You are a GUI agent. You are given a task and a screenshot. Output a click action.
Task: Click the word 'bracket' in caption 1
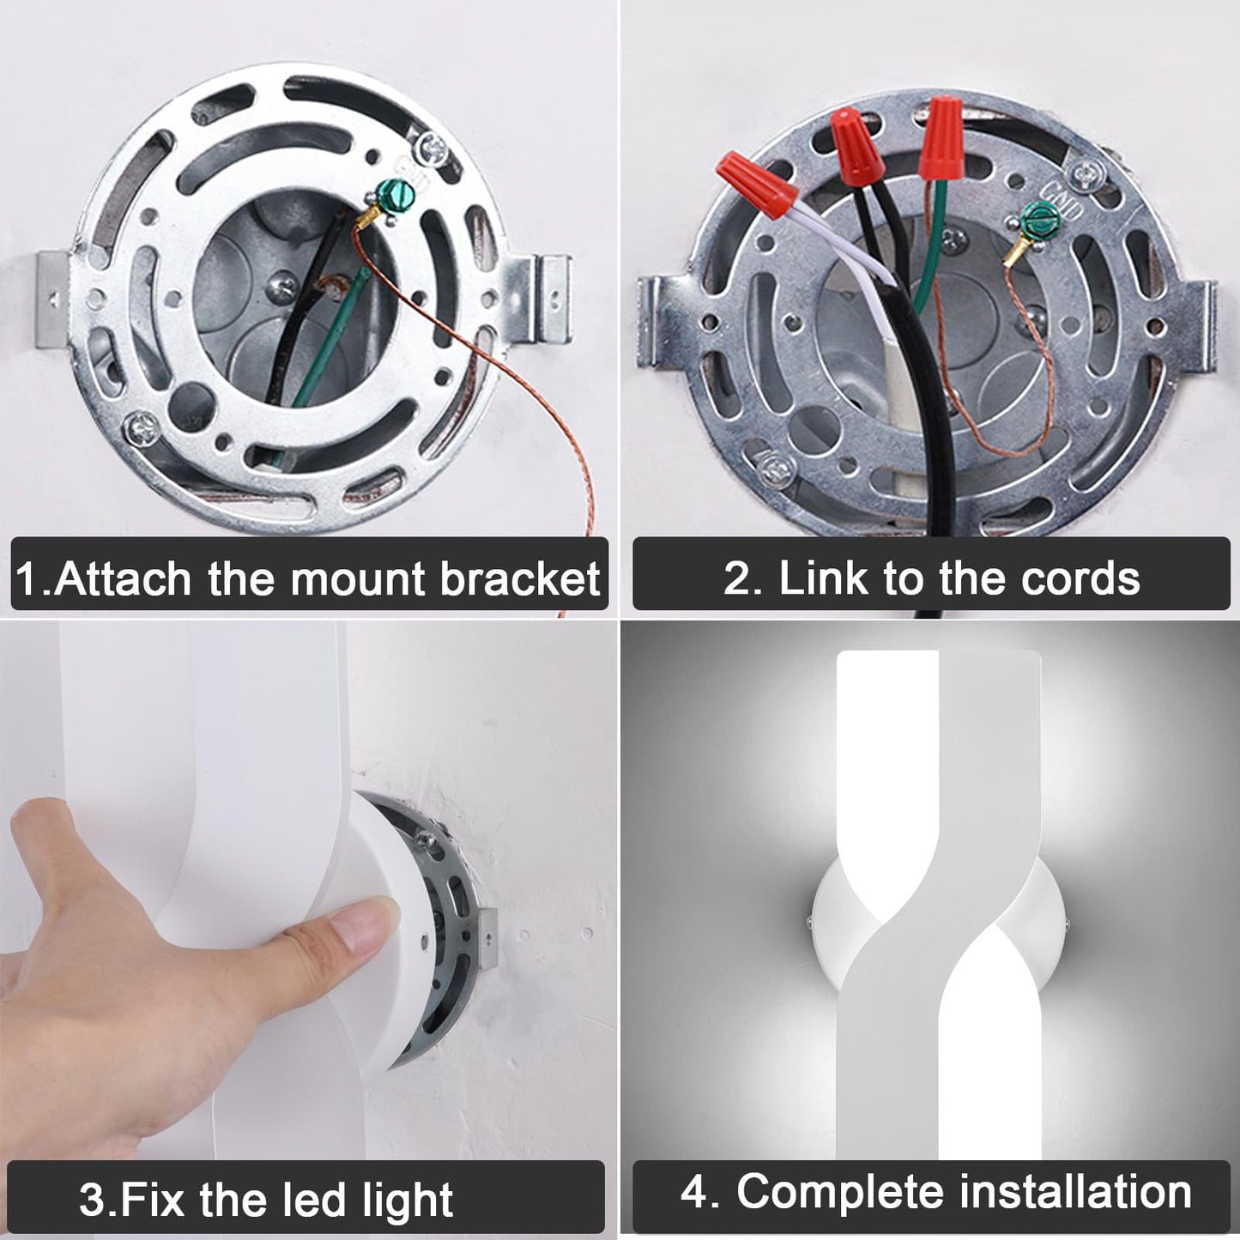(x=521, y=578)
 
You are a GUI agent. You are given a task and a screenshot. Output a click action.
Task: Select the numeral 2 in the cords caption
(x=735, y=578)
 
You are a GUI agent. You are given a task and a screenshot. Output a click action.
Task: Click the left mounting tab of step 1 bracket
(x=56, y=299)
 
